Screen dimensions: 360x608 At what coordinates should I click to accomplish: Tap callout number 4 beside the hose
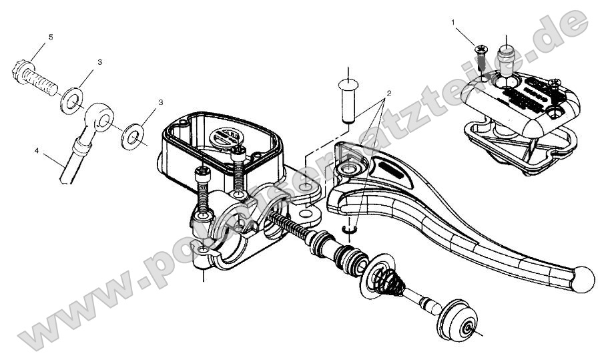click(35, 151)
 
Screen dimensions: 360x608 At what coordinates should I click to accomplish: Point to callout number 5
click(50, 37)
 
